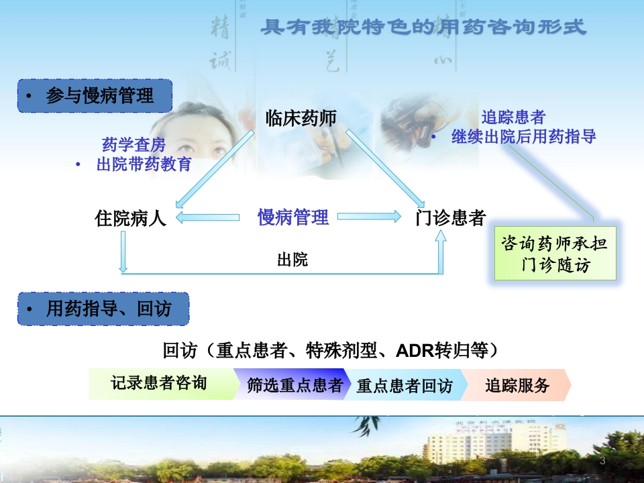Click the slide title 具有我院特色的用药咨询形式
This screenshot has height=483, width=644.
[x=423, y=27]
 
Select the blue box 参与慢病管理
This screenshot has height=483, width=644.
[x=95, y=97]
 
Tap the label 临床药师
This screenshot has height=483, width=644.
[x=301, y=119]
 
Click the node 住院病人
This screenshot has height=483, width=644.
[x=131, y=218]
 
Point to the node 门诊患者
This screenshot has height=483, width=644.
[x=449, y=218]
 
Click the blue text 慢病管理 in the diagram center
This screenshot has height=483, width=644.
[x=293, y=217]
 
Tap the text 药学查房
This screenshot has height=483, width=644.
[x=133, y=144]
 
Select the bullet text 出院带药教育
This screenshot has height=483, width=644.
[x=144, y=164]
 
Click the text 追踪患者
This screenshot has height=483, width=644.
[x=513, y=117]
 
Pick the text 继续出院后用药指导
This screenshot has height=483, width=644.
[x=523, y=137]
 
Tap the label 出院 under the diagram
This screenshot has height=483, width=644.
[x=292, y=260]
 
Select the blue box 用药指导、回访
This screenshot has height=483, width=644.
[x=103, y=309]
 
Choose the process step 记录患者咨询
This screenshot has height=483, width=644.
[x=159, y=383]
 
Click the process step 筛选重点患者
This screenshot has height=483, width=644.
[x=294, y=385]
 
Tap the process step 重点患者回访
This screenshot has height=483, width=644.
[x=404, y=386]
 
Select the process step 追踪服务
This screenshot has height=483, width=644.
[x=517, y=386]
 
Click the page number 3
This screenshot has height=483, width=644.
[x=602, y=461]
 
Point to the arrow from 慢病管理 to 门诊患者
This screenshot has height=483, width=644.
[x=368, y=217]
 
